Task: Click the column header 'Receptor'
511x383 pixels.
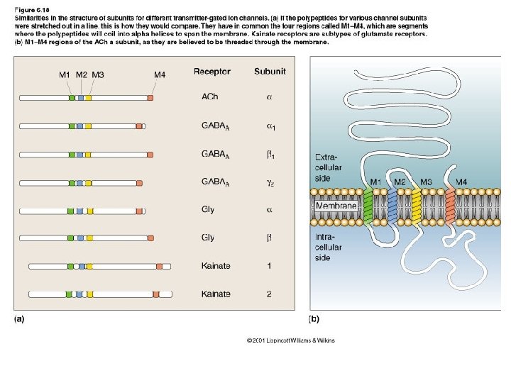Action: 211,72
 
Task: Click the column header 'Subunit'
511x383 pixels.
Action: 270,72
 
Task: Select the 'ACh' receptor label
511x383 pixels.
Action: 210,98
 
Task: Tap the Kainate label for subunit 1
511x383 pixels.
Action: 216,266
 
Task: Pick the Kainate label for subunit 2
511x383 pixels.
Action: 216,294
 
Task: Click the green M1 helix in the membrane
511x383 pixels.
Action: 368,206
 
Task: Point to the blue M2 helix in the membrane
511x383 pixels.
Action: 392,206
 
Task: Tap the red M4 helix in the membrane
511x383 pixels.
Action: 450,206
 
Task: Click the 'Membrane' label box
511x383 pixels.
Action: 336,206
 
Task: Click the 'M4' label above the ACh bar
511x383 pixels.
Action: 160,74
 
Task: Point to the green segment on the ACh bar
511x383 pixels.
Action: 72,98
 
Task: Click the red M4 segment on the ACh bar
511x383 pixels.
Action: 150,98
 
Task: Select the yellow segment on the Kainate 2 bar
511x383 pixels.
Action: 88,294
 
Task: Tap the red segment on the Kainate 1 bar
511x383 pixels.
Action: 160,266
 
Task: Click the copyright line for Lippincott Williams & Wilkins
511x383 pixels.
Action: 290,340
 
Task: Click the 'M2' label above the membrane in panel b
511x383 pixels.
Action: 400,182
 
